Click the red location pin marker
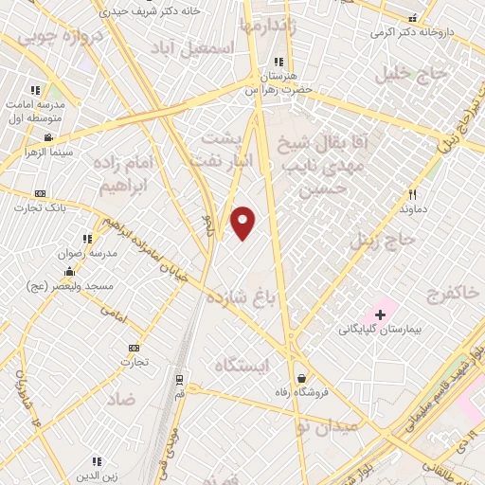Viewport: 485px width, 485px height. pos(242,223)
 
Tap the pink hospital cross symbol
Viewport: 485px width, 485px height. pos(381,313)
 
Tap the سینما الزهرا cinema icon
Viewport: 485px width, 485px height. pos(48,137)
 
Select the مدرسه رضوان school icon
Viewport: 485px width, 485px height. pos(86,239)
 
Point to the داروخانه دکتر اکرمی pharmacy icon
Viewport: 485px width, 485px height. pos(411,18)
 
